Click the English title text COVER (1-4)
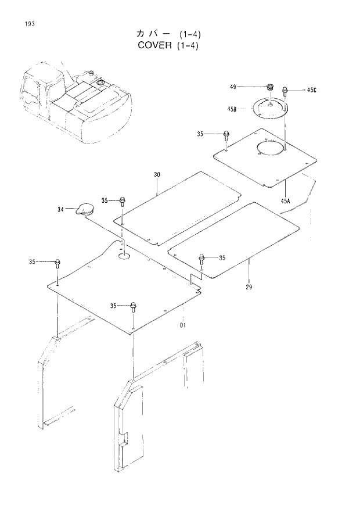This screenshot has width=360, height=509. (168, 45)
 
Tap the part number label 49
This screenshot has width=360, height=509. (233, 87)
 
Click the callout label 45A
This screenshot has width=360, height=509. (285, 200)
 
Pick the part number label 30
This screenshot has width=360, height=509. (157, 175)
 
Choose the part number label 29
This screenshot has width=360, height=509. (249, 288)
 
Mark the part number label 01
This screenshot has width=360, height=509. (182, 325)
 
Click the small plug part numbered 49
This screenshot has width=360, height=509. (269, 87)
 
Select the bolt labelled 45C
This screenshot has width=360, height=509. (286, 91)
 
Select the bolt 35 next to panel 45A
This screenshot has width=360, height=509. (225, 135)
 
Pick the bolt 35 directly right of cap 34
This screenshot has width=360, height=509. (123, 201)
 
